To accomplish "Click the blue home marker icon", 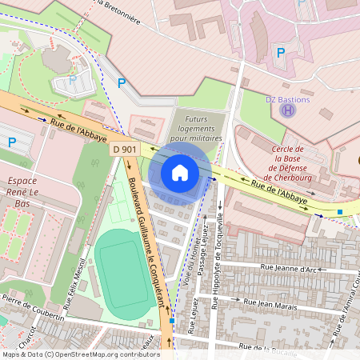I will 180,173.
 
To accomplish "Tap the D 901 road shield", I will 124,150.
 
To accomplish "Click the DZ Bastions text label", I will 287,99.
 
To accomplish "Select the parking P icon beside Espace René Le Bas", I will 12,142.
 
